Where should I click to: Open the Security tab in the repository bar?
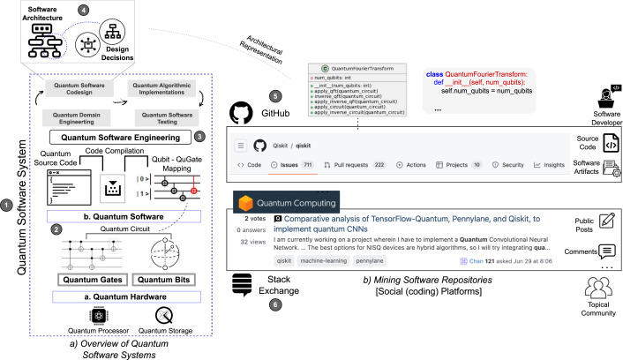[x=507, y=164]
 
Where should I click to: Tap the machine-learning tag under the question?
[x=299, y=263]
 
